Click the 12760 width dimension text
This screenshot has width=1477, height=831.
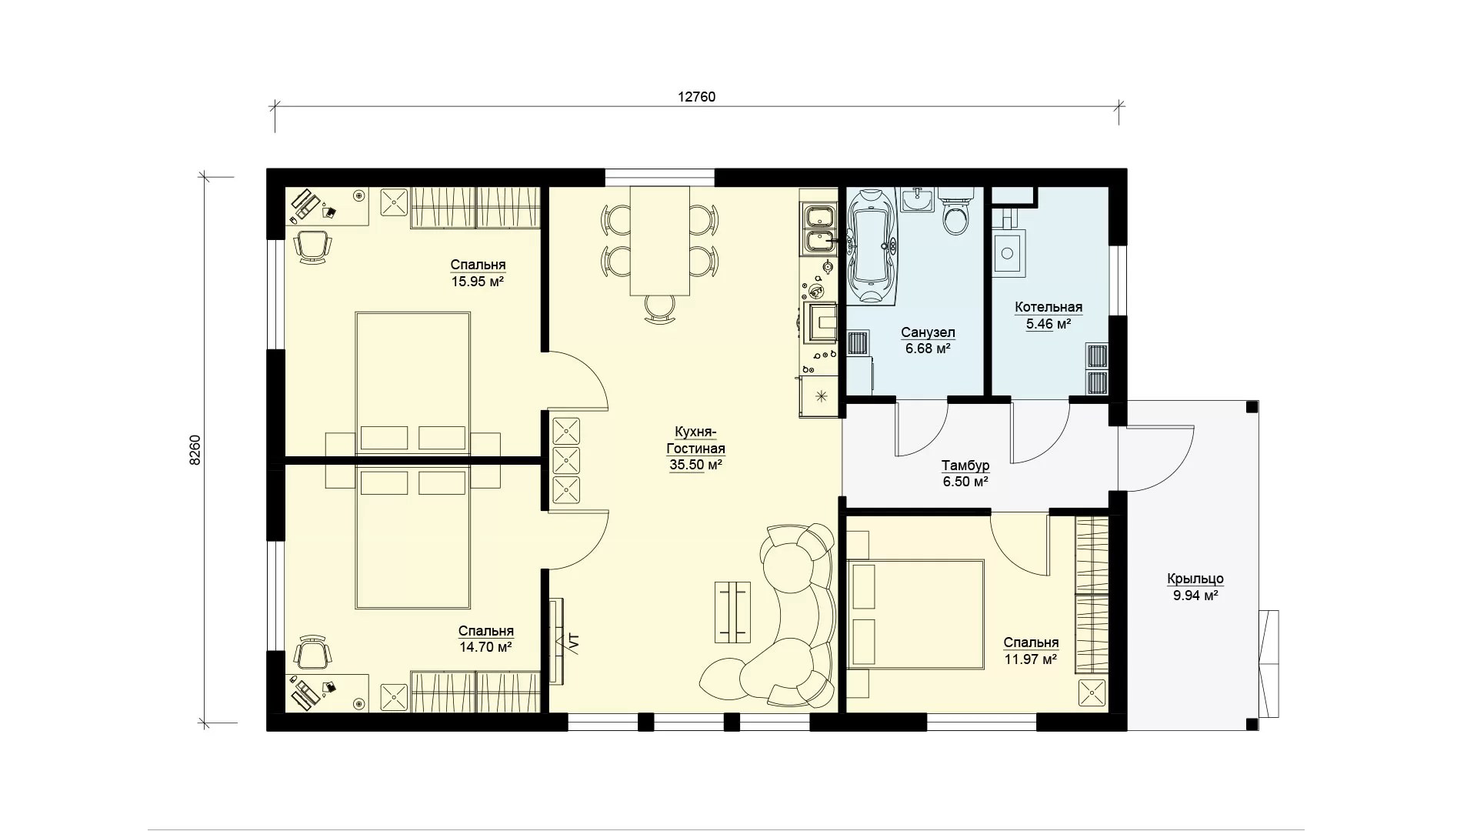[x=696, y=97]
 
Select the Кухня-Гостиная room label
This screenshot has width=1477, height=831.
[x=695, y=440]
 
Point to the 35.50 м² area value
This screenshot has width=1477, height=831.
[x=695, y=465]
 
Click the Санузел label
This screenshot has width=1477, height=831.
[x=928, y=332]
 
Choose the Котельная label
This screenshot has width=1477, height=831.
[x=1049, y=308]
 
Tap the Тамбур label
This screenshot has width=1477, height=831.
[x=965, y=466]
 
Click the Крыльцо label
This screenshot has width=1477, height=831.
[x=1195, y=579]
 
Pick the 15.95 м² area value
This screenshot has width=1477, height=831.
[x=477, y=282]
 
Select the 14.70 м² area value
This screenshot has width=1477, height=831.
[x=485, y=647]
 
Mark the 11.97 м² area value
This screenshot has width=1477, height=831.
[x=1031, y=659]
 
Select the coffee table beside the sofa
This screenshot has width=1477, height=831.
[x=732, y=612]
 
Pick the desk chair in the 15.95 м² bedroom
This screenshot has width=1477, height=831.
[x=313, y=247]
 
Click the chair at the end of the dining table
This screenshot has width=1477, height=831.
[x=660, y=309]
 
